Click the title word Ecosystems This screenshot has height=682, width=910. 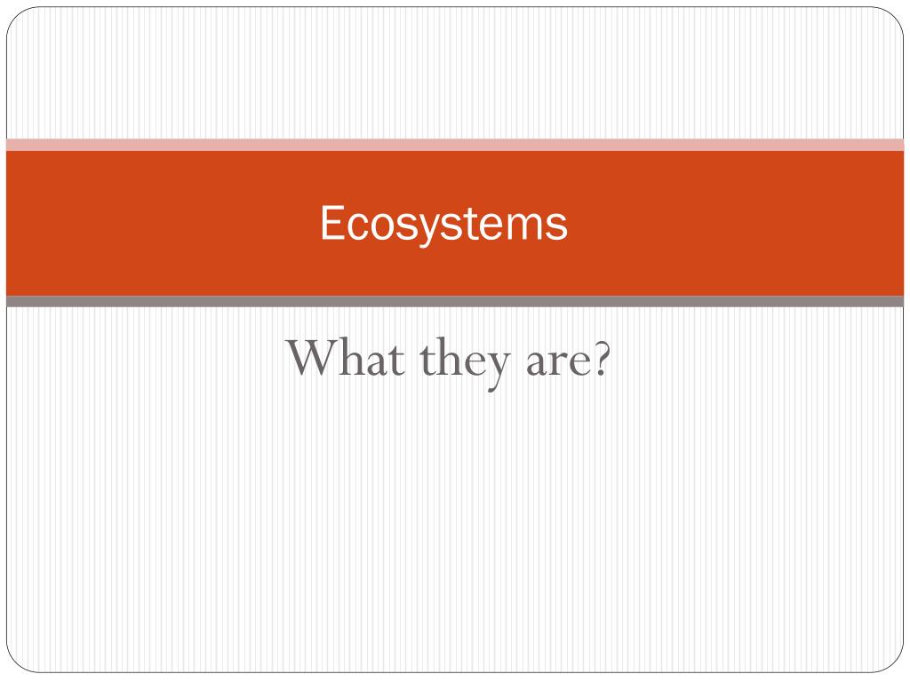[443, 224]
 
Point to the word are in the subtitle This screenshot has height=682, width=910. [550, 361]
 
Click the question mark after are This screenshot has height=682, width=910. [599, 359]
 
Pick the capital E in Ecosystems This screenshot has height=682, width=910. [331, 223]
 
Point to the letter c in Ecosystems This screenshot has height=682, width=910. [354, 226]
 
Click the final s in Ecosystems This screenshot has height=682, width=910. [557, 226]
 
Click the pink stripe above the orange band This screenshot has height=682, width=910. [455, 145]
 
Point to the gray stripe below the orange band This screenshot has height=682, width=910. [455, 302]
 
